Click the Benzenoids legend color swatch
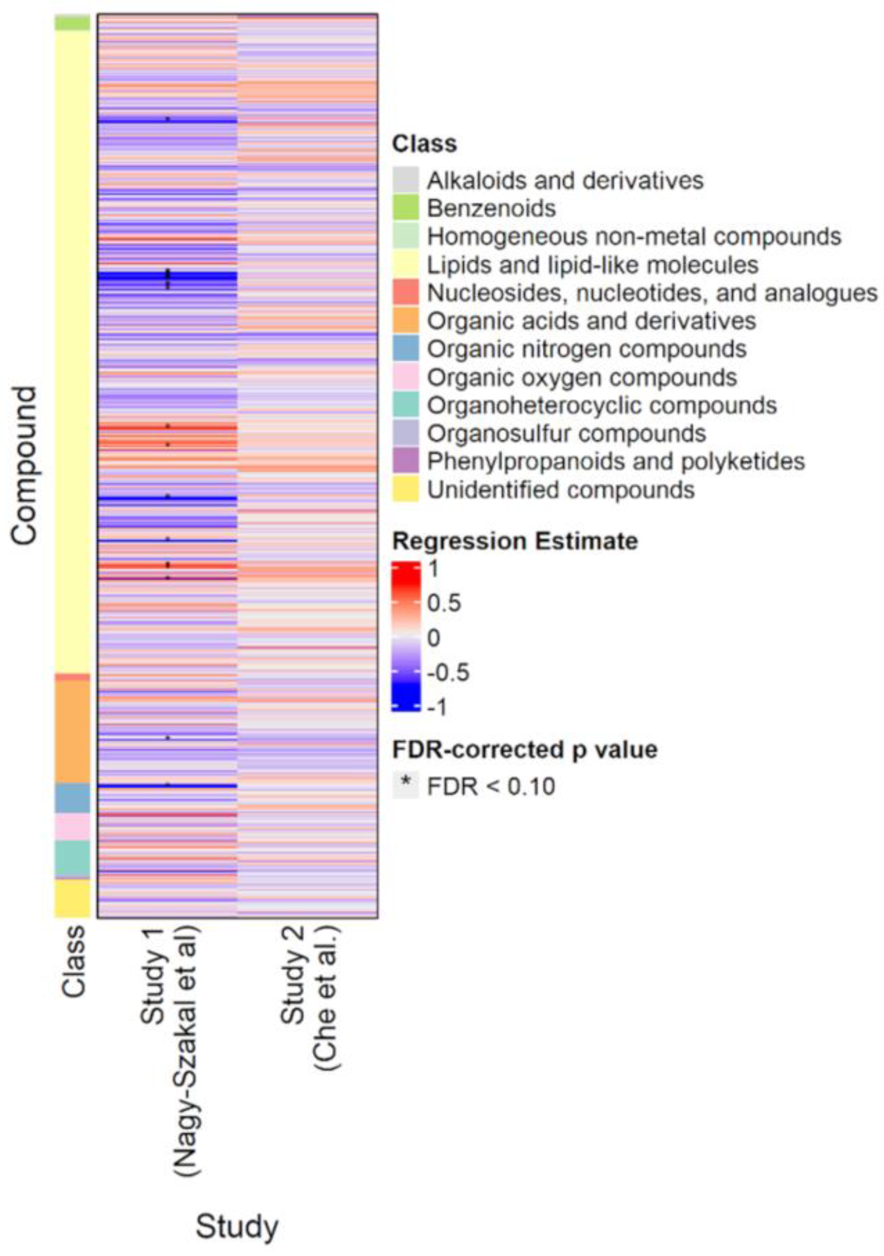(x=405, y=208)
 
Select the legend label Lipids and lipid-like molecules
(x=592, y=265)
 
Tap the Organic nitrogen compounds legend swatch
(x=405, y=349)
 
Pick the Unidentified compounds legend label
(x=561, y=490)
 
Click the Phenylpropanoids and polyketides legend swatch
(x=405, y=461)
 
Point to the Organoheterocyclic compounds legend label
(x=601, y=405)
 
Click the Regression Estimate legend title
(x=515, y=541)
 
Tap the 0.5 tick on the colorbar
(x=444, y=603)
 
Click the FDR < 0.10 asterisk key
(x=406, y=778)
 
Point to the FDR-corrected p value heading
(x=524, y=750)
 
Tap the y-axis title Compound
(x=24, y=466)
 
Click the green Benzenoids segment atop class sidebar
(x=72, y=23)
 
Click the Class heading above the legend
(x=424, y=144)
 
